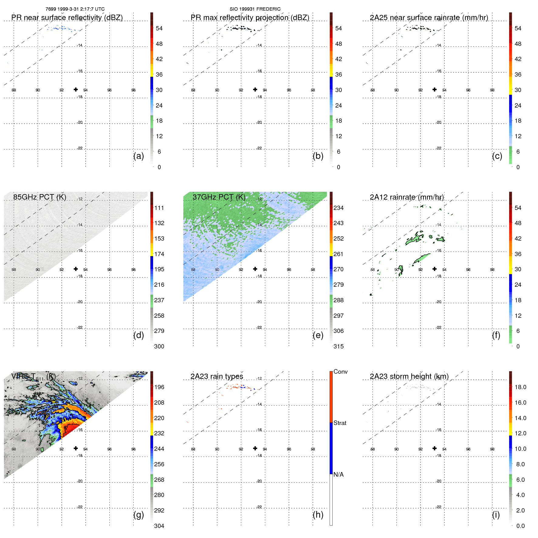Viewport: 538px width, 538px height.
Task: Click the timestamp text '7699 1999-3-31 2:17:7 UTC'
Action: (x=75, y=9)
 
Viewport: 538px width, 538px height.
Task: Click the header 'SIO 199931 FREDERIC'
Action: (x=255, y=9)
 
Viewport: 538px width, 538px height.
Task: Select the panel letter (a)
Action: (x=139, y=156)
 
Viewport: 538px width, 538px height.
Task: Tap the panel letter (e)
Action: (x=318, y=335)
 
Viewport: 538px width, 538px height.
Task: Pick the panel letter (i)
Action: (x=496, y=515)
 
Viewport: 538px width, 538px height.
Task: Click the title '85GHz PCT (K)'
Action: (x=39, y=197)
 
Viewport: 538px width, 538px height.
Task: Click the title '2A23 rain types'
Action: (x=217, y=376)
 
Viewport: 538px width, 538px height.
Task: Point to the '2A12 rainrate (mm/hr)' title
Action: (x=407, y=197)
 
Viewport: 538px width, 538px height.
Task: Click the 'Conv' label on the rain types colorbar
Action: (x=340, y=372)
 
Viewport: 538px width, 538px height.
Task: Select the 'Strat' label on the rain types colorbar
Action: (x=340, y=423)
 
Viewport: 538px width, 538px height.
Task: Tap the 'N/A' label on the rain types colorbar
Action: (x=338, y=475)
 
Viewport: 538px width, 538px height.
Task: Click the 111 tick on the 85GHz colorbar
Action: (x=159, y=208)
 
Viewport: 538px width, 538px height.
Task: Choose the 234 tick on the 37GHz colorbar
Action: (x=338, y=208)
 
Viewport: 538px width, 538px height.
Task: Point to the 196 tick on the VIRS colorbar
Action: (x=159, y=387)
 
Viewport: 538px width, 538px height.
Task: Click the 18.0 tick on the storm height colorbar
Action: (x=520, y=387)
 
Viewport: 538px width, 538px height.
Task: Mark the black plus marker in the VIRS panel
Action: (x=76, y=448)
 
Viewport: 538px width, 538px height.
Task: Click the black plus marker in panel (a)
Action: (x=76, y=89)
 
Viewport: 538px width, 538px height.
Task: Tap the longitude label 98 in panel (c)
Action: (x=492, y=90)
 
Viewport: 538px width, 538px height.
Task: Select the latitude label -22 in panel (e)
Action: (x=259, y=327)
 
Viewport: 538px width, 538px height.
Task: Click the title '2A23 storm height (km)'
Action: (x=409, y=376)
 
